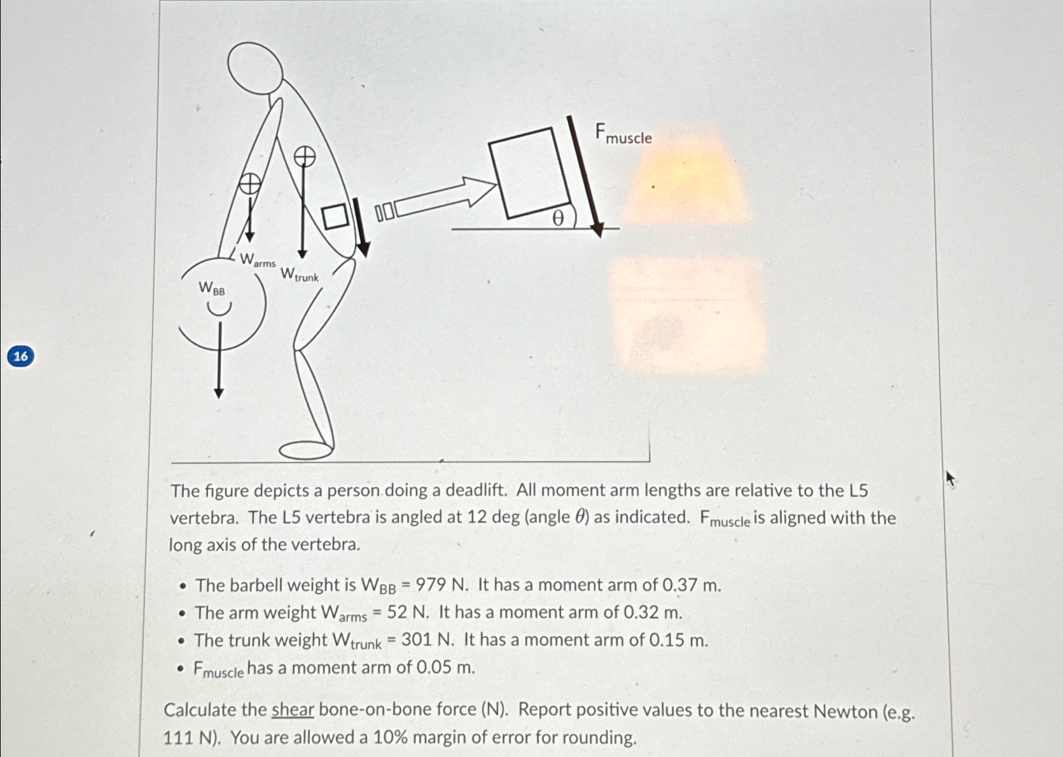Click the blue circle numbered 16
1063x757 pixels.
20,356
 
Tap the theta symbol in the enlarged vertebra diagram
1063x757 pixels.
558,218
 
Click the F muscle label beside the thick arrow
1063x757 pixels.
623,134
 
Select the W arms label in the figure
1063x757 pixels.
258,260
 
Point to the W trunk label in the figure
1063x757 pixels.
299,275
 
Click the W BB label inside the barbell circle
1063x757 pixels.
212,289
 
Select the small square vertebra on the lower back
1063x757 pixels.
335,216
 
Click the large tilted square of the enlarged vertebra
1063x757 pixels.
529,172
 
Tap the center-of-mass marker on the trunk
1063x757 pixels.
304,156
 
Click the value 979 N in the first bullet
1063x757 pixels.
442,585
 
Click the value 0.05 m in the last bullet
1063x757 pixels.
445,667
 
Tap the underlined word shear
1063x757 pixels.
293,710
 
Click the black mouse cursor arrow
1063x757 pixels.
950,478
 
